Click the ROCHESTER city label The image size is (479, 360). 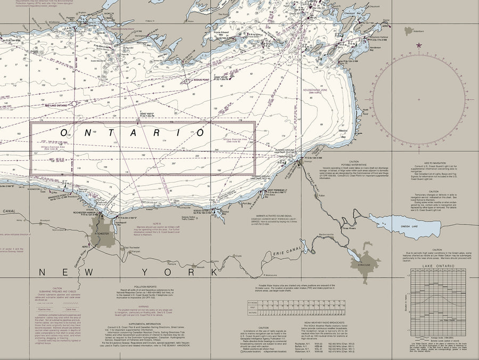[x=101, y=234]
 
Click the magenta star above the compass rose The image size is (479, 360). [x=419, y=45]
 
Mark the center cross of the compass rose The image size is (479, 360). [x=419, y=100]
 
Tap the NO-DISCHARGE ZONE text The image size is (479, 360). [x=315, y=91]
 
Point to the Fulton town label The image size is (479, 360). [x=321, y=195]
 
